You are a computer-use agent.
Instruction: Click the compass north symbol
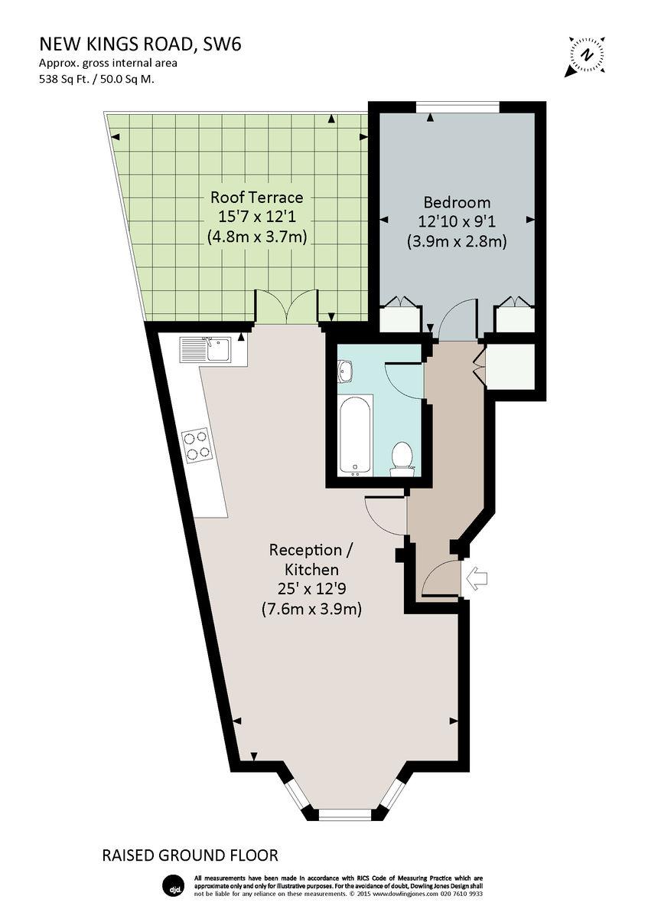click(x=586, y=56)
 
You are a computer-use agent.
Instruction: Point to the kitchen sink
click(x=205, y=350)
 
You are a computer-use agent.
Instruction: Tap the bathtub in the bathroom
click(x=356, y=434)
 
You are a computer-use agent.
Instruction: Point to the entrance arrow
click(x=476, y=578)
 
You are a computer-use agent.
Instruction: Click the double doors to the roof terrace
click(x=285, y=306)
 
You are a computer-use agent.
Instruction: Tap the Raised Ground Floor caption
click(x=190, y=855)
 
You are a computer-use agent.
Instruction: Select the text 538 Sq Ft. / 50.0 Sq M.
click(x=99, y=78)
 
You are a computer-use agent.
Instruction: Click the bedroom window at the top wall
click(x=458, y=106)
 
